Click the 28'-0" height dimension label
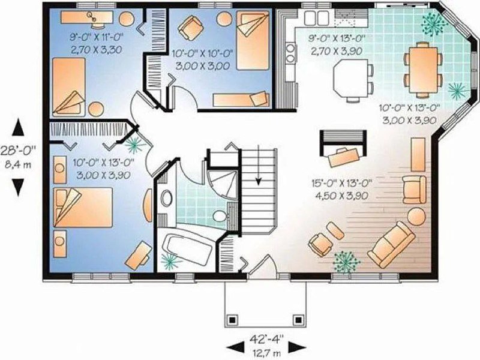click(x=19, y=151)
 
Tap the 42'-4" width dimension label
click(x=266, y=339)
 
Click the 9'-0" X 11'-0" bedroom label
click(x=97, y=37)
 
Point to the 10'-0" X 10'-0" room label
click(x=203, y=53)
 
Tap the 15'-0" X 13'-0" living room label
click(x=341, y=184)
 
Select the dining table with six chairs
click(x=424, y=70)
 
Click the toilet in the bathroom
click(x=219, y=216)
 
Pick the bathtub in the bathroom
click(x=187, y=248)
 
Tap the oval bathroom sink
click(x=166, y=198)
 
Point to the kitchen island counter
click(x=351, y=77)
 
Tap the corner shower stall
click(x=222, y=185)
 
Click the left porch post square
click(x=232, y=320)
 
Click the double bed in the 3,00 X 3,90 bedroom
click(x=83, y=208)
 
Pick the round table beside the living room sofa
click(x=416, y=216)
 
